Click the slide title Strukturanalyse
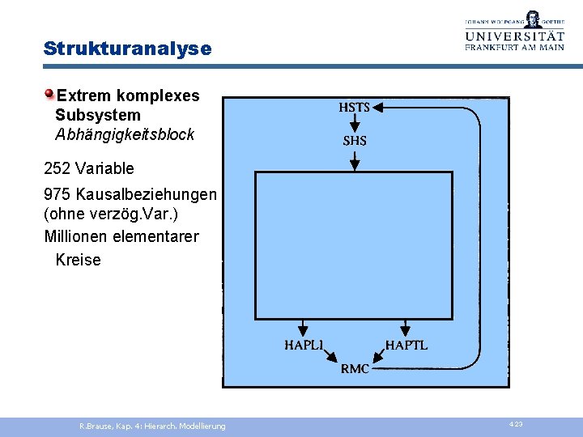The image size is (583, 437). [127, 49]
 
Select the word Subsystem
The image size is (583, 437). [98, 116]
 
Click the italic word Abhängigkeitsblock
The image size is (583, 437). [125, 135]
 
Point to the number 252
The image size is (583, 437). [58, 169]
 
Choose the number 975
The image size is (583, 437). [58, 195]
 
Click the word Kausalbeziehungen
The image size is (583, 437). [147, 195]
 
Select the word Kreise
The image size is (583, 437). [78, 260]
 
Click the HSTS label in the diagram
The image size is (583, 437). [354, 108]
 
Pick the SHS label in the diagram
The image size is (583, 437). [355, 141]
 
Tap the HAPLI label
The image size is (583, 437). [304, 346]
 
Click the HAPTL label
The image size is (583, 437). [406, 346]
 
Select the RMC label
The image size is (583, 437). [355, 369]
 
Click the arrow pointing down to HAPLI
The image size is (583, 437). [303, 327]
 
